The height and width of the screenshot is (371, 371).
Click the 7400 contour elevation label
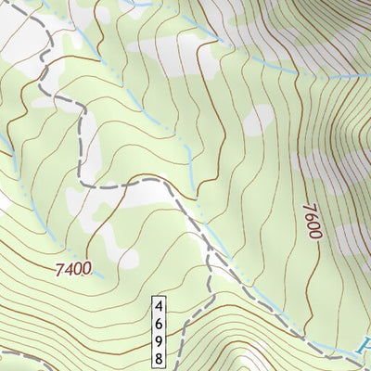click(73, 270)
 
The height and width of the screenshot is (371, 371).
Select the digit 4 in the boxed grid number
click(160, 305)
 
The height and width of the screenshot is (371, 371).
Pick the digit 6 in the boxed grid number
click(160, 322)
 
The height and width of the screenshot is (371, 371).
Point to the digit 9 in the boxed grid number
click(160, 339)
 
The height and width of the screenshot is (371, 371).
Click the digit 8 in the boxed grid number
click(160, 357)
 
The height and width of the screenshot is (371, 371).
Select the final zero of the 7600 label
click(311, 234)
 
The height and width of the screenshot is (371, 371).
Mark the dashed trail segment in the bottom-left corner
click(19, 355)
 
